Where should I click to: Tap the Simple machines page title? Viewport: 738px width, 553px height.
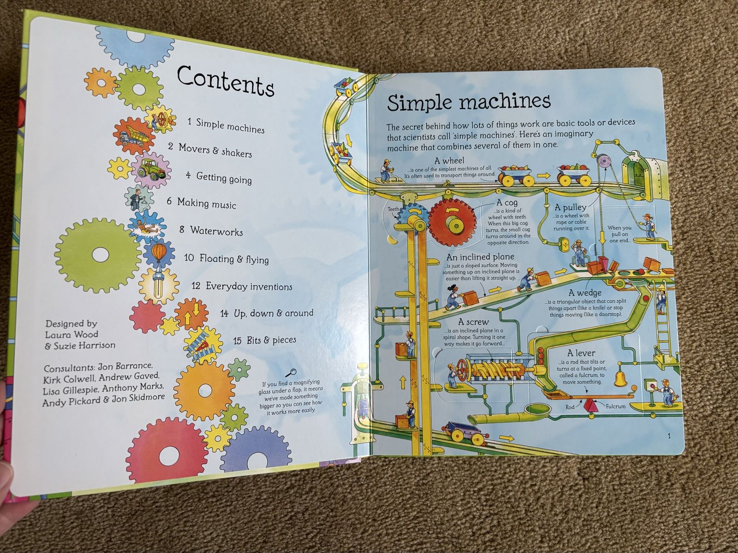[x=469, y=101]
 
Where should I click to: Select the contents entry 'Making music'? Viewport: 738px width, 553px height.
[x=206, y=203]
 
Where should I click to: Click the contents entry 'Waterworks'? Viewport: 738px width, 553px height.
[x=216, y=230]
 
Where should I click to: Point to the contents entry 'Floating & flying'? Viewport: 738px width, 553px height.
[x=233, y=259]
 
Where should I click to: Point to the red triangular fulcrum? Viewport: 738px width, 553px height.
[x=591, y=406]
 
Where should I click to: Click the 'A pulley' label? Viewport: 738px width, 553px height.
[x=571, y=207]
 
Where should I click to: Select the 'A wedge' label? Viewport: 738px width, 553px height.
[x=584, y=293]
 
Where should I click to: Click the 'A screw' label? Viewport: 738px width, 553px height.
[x=473, y=322]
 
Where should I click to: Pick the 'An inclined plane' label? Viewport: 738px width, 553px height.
[x=480, y=257]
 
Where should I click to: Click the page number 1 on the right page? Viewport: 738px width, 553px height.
[x=669, y=436]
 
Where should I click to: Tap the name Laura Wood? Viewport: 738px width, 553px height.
[x=71, y=334]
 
